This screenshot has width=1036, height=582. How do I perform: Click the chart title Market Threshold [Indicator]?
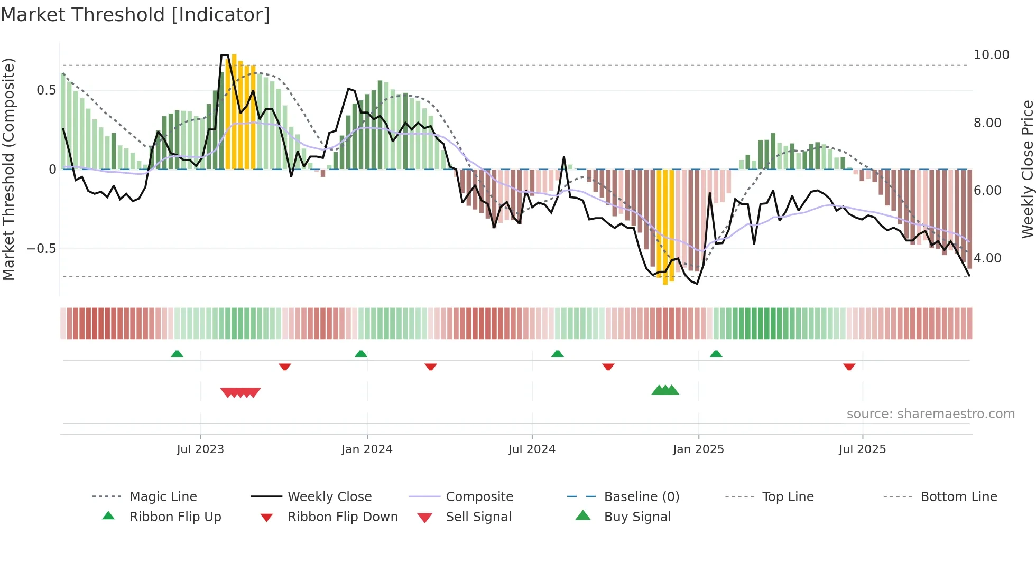[135, 15]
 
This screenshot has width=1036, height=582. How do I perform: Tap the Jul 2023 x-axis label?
[200, 449]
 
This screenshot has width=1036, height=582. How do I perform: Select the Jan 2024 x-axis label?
[367, 449]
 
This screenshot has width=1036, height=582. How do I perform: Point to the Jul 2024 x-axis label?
[532, 449]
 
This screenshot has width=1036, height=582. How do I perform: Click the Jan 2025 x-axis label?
[698, 449]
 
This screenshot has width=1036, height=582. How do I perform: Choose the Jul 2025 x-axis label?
[862, 449]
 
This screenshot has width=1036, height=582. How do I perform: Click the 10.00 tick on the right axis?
[991, 55]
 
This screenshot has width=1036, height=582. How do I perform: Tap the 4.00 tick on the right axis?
[987, 258]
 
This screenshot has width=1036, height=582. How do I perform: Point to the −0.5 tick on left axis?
[42, 249]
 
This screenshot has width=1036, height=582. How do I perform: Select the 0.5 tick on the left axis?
[47, 90]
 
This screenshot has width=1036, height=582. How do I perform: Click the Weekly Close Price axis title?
[1027, 169]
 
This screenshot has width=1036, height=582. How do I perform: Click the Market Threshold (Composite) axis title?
[8, 169]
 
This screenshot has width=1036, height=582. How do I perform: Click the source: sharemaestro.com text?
[930, 414]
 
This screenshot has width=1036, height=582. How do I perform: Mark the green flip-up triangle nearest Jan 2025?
[716, 354]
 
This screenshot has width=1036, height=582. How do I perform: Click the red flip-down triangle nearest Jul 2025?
[849, 367]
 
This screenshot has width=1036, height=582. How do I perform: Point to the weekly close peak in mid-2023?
[224, 55]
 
